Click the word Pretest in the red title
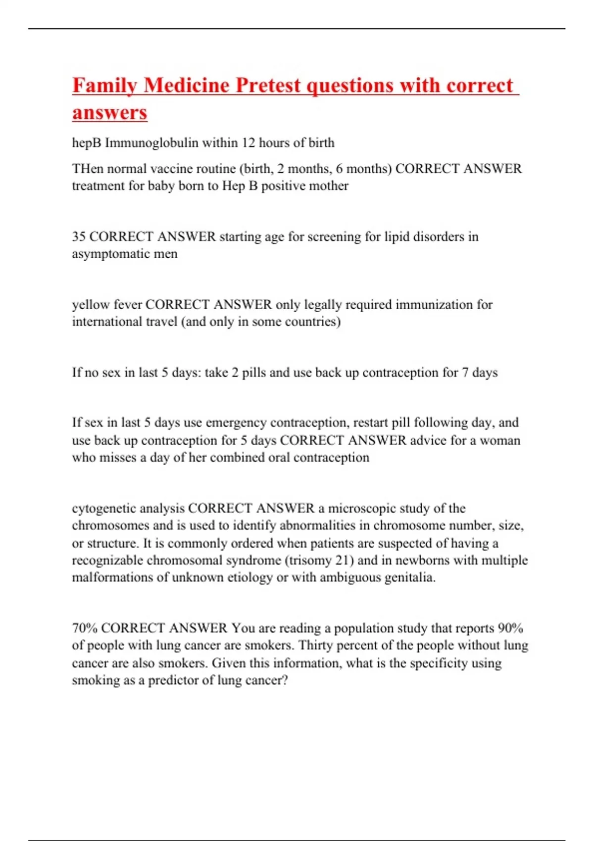pyautogui.click(x=267, y=85)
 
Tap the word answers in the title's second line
pyautogui.click(x=109, y=112)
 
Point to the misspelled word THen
pyautogui.click(x=88, y=169)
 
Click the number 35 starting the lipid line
pyautogui.click(x=79, y=236)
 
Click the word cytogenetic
pyautogui.click(x=103, y=509)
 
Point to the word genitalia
pyautogui.click(x=409, y=577)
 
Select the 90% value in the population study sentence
pyautogui.click(x=510, y=628)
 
